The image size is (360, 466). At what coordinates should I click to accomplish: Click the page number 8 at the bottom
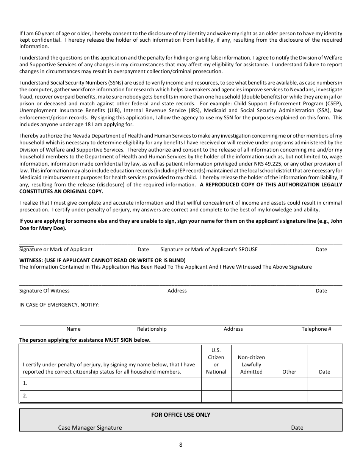click(x=181, y=445)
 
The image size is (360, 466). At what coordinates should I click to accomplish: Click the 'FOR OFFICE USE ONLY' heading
click(x=181, y=414)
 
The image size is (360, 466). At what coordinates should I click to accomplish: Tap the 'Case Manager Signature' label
click(x=90, y=428)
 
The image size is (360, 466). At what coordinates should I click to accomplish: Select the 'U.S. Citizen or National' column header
click(x=216, y=361)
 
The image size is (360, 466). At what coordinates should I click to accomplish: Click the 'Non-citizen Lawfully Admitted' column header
click(x=251, y=364)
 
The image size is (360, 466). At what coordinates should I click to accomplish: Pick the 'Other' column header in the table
click(x=289, y=372)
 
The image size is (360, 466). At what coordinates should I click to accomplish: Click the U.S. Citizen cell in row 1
click(x=216, y=383)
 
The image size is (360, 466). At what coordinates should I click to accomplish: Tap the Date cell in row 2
click(x=324, y=396)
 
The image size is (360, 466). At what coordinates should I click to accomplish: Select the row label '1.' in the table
click(x=25, y=383)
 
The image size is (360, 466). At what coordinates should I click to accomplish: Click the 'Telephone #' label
click(x=316, y=329)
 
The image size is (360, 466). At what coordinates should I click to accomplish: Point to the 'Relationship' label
click(x=152, y=329)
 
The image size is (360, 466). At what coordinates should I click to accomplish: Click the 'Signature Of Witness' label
click(x=44, y=291)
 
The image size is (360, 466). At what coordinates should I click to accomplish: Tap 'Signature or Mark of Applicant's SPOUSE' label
click(x=209, y=249)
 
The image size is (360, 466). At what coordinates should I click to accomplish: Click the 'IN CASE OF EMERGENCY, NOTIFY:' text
click(x=59, y=305)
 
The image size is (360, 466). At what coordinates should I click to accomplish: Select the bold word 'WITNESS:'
click(x=31, y=260)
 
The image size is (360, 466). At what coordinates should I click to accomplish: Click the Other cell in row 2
click(x=289, y=396)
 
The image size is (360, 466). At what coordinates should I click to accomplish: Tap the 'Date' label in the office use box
click(x=297, y=428)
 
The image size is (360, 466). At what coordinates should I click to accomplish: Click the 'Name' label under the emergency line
click(x=74, y=329)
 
